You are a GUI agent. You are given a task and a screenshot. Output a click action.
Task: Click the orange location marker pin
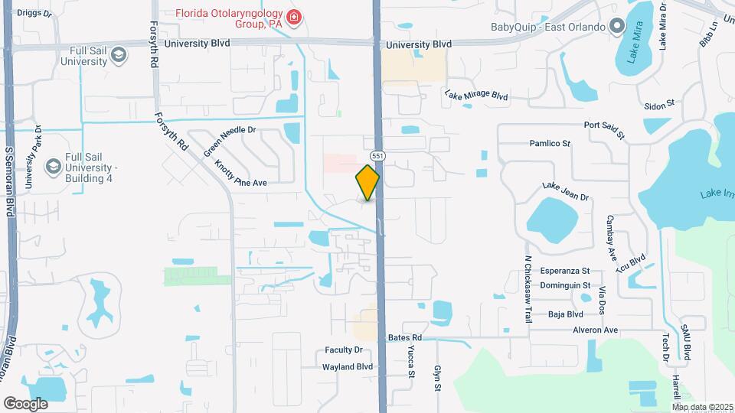[368, 182]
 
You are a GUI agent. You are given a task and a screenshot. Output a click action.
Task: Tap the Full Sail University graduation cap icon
[118, 54]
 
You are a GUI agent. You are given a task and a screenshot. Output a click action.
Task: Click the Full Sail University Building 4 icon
[53, 166]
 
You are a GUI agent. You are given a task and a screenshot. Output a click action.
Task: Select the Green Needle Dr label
[229, 141]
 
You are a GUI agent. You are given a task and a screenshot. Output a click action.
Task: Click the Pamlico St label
[550, 143]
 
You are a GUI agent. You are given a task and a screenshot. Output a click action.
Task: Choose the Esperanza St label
[565, 271]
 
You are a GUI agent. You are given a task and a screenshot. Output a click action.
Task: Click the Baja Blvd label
[566, 314]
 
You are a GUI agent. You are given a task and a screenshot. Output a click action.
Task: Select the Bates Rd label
[405, 337]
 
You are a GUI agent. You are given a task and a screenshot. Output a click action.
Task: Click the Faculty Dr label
[343, 350]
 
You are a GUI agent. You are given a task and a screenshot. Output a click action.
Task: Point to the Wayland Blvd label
[348, 366]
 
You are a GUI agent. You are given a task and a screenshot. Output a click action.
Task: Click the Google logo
[25, 403]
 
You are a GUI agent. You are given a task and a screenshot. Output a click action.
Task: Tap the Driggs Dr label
[34, 13]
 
